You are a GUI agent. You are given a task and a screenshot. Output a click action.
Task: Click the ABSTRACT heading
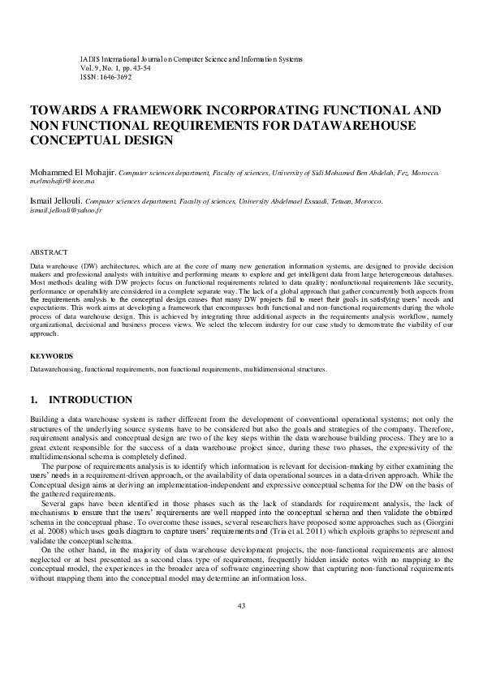click(49, 253)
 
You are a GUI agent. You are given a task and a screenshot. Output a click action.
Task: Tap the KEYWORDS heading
click(51, 356)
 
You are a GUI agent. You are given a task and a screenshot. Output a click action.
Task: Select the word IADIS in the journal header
click(89, 59)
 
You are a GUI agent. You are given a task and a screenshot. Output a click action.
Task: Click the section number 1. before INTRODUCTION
click(34, 400)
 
